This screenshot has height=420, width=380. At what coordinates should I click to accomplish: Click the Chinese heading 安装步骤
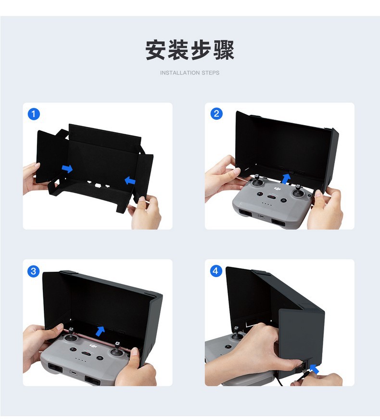pyautogui.click(x=190, y=50)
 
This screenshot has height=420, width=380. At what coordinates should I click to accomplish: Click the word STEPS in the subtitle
pyautogui.click(x=211, y=73)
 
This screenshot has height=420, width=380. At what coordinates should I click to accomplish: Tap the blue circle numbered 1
pyautogui.click(x=34, y=114)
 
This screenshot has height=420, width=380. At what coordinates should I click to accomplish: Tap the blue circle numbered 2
pyautogui.click(x=216, y=114)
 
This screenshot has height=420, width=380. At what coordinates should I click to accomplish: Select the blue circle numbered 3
pyautogui.click(x=34, y=271)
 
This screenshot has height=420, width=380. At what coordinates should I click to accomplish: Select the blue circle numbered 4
pyautogui.click(x=216, y=271)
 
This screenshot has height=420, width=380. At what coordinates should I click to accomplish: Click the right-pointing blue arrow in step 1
pyautogui.click(x=67, y=168)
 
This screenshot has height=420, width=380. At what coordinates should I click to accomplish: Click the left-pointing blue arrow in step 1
pyautogui.click(x=130, y=180)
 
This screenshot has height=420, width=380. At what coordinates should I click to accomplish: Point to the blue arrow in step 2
pyautogui.click(x=286, y=178)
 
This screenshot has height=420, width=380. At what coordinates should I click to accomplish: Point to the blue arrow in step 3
pyautogui.click(x=100, y=331)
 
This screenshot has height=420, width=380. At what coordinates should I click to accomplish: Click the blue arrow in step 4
pyautogui.click(x=314, y=369)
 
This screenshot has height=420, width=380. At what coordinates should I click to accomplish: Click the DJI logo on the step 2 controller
pyautogui.click(x=278, y=189)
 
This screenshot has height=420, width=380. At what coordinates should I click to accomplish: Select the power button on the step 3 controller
pyautogui.click(x=100, y=358)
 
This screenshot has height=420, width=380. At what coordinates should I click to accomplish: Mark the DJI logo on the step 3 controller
pyautogui.click(x=93, y=346)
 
